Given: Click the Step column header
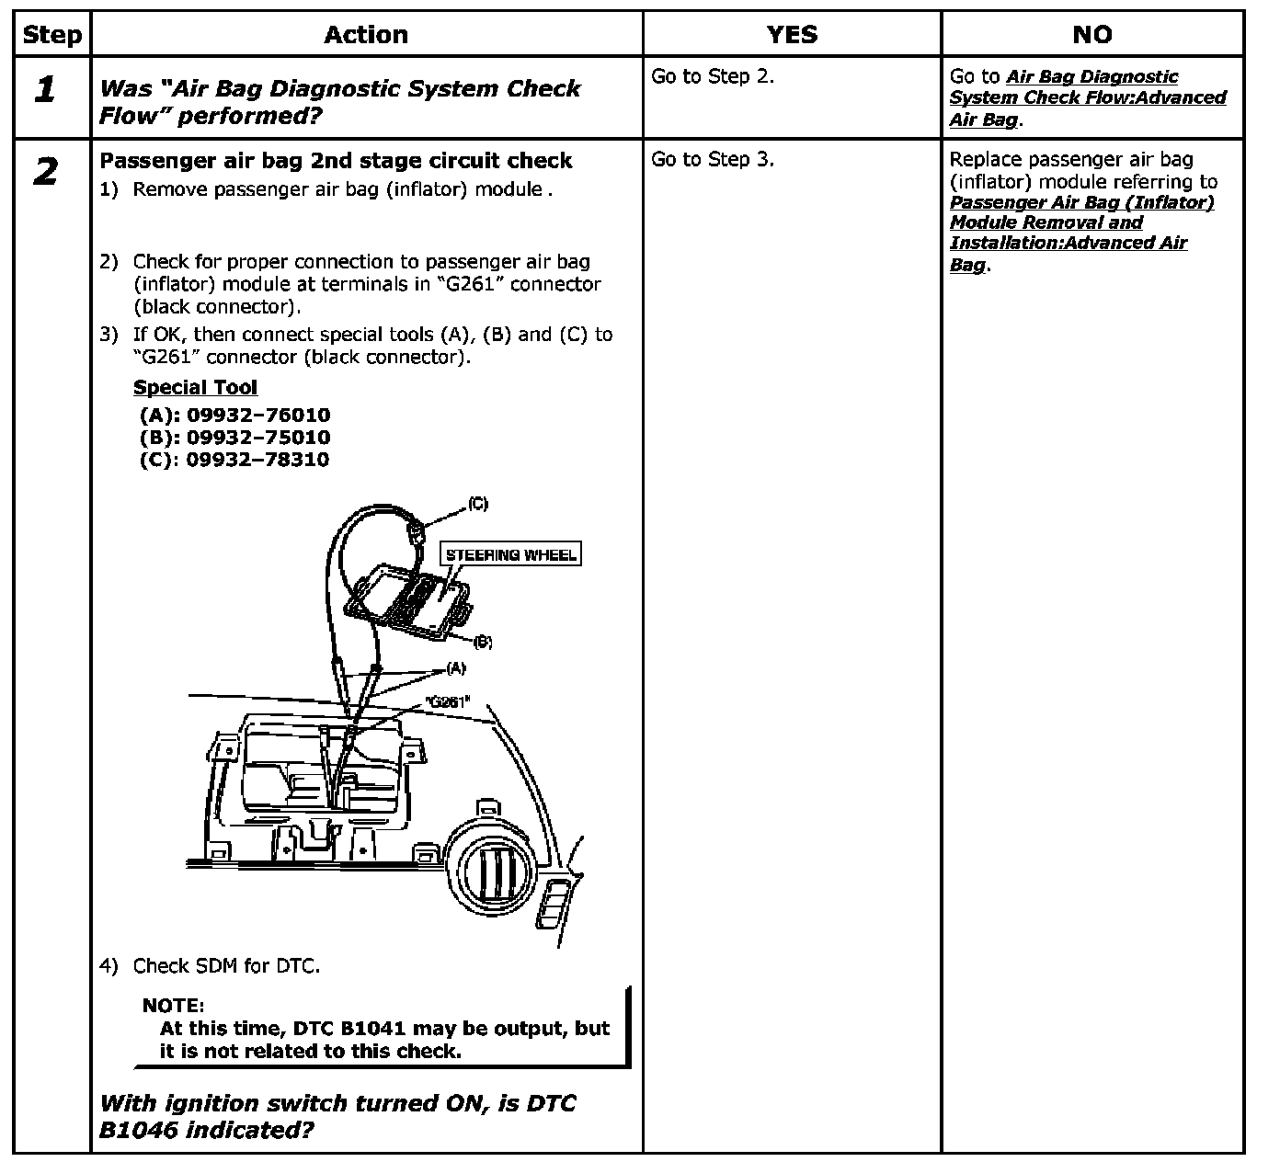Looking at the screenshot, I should click(51, 35).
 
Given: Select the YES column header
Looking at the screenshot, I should click(792, 35).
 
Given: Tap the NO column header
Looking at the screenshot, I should click(1091, 35).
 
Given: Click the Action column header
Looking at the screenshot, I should click(366, 35).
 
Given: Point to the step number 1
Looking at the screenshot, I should click(44, 90).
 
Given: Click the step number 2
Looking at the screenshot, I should click(44, 172).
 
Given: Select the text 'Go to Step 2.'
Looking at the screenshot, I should click(713, 77).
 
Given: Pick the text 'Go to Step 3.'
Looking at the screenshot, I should click(713, 160).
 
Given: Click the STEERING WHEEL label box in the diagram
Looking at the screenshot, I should click(510, 554).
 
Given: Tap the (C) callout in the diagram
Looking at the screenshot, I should click(477, 504).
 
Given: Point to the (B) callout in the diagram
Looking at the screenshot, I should click(482, 642).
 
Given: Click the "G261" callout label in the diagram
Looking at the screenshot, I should click(447, 701).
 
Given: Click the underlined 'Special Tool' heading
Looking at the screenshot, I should click(195, 388).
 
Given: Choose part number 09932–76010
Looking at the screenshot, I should click(258, 416).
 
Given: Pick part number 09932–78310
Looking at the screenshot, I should click(257, 460).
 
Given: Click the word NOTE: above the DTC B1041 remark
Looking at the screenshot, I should click(173, 1007).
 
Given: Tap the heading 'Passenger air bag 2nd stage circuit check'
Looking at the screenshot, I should click(336, 161).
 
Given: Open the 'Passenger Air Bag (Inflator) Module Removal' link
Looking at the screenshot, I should click(1081, 212).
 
